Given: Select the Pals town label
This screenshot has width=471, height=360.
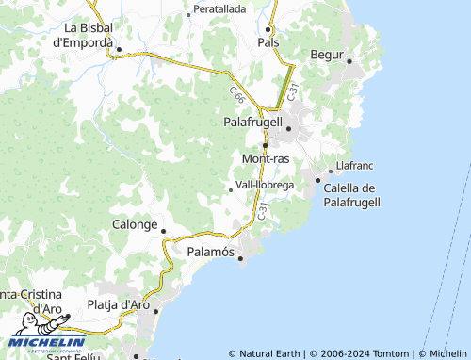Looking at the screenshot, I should point(268,42).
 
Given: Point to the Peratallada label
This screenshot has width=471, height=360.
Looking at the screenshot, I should point(219,8).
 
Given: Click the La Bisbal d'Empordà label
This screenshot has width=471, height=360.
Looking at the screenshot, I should point(84,35).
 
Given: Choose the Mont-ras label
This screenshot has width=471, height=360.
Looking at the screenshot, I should point(266,158).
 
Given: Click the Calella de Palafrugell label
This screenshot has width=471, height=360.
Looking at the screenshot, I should point(350,195).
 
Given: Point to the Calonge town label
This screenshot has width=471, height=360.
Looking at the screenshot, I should point(135,225).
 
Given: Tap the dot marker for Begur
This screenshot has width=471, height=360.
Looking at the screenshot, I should point(349,62).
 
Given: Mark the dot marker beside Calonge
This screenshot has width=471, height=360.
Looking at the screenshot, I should point(163,230).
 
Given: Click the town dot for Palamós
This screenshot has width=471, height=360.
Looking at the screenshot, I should point(240,257).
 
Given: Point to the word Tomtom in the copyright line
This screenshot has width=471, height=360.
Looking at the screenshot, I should point(392,353).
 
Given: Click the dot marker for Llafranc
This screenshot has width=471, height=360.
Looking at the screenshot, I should point(342,171).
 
